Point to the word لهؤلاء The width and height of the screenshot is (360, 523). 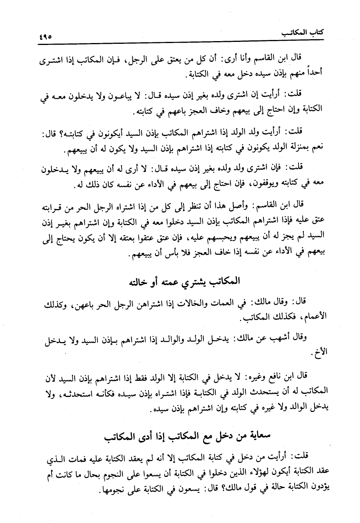tap(250, 472)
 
